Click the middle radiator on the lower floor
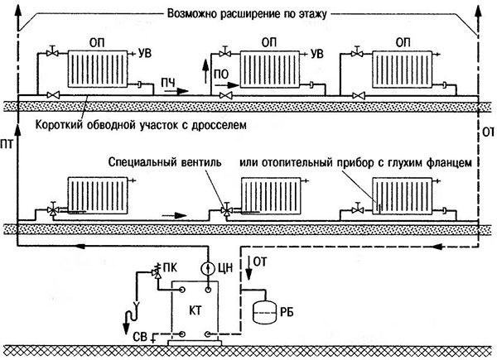[270, 197]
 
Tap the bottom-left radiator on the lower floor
[92, 197]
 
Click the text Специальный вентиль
[166, 163]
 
